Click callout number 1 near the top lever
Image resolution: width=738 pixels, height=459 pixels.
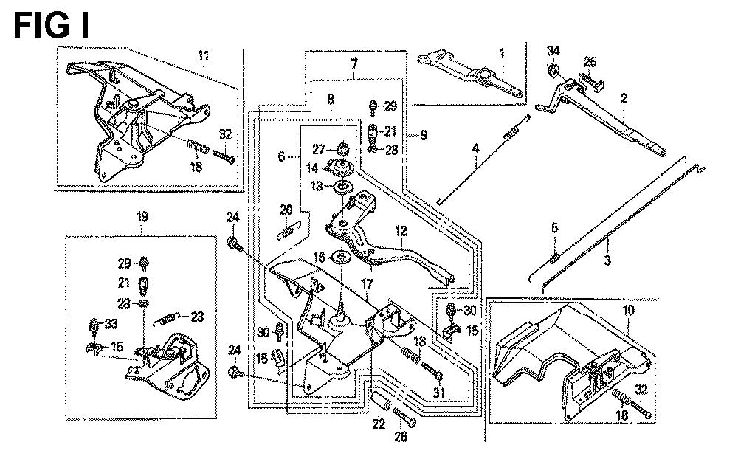pos(502,53)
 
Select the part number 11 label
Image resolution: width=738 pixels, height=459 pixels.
pos(204,55)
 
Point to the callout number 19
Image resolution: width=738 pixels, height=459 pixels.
pos(142,217)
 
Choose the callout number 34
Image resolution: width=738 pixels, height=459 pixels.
pos(553,51)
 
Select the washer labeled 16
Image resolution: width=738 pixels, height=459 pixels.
pos(342,258)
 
